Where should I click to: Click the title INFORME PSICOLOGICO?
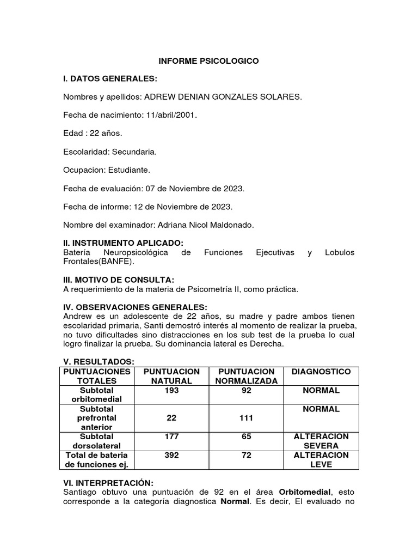tap(208, 61)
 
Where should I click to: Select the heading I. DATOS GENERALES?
tap(110, 79)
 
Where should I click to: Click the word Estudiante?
tap(130, 170)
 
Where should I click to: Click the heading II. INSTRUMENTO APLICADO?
tap(124, 242)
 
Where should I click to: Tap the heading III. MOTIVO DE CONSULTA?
tap(119, 280)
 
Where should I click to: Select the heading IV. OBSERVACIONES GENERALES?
tap(136, 307)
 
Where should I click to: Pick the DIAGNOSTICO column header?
tap(321, 372)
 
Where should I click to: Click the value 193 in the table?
tap(171, 390)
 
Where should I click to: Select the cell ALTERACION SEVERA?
tap(321, 441)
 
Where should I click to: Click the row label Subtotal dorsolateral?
tap(96, 441)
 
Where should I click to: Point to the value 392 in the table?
tap(171, 455)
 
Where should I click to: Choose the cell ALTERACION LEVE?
tap(321, 460)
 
